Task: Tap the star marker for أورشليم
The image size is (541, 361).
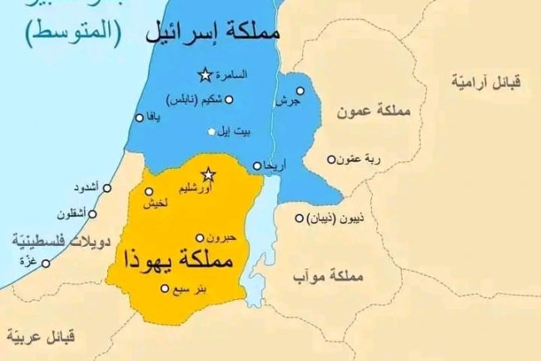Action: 209,173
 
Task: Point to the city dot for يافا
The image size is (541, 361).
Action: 139,118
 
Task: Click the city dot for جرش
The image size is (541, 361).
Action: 300,91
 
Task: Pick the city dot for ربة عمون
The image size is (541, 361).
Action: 331,159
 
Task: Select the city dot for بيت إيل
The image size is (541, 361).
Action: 212,131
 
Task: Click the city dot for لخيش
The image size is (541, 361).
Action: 150,191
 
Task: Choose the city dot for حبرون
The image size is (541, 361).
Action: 199,237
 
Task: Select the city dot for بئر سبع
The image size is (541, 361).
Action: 164,288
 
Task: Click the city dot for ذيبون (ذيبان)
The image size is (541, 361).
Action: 300,218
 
